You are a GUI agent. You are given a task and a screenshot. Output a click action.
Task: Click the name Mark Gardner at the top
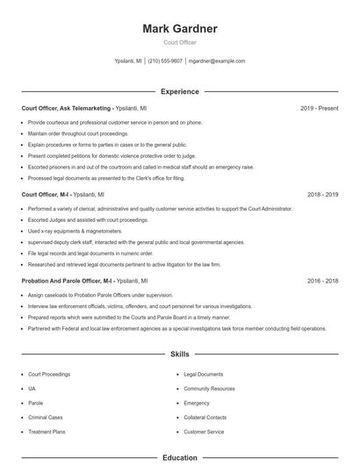tap(179, 28)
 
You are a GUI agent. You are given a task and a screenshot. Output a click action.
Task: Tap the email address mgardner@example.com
tap(217, 61)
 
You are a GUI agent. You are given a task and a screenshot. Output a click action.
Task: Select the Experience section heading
tap(179, 91)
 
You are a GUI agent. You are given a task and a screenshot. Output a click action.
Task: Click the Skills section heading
tap(179, 354)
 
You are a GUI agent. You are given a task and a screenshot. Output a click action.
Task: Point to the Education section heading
tap(179, 457)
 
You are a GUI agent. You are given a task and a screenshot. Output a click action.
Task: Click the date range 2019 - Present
tap(319, 108)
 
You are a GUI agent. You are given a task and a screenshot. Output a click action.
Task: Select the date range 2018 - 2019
tap(322, 194)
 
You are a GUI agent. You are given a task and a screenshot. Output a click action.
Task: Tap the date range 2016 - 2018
tap(322, 281)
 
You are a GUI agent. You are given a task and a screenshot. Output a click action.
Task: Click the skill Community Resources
tap(209, 388)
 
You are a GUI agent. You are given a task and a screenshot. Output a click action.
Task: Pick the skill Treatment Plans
tap(48, 432)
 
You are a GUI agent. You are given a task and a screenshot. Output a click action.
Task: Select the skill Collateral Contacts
tap(205, 417)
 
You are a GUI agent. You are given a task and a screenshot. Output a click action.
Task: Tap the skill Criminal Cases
tap(47, 417)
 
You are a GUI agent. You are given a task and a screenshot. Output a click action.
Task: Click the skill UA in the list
tap(32, 388)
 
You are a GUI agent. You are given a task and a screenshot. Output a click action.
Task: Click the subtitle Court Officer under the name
tap(179, 42)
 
